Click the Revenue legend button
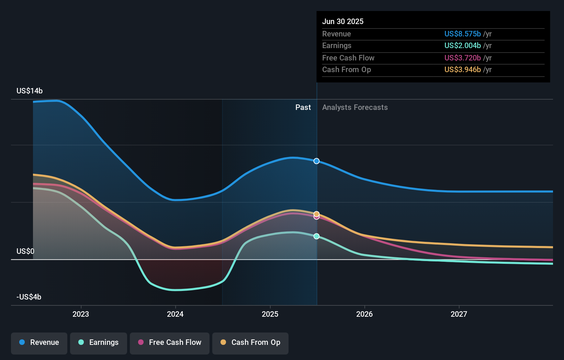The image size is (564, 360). pyautogui.click(x=39, y=342)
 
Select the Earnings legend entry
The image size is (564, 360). pyautogui.click(x=99, y=342)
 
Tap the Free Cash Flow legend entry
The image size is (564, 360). pyautogui.click(x=170, y=342)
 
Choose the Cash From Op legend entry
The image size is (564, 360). pyautogui.click(x=250, y=342)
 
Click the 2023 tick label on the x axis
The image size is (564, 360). pyautogui.click(x=81, y=314)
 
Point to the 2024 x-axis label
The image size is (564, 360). pyautogui.click(x=175, y=314)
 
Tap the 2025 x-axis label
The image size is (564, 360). pyautogui.click(x=270, y=314)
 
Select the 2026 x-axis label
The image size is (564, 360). pyautogui.click(x=364, y=314)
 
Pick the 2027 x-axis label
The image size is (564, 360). pyautogui.click(x=459, y=314)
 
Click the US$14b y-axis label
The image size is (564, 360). pyautogui.click(x=30, y=91)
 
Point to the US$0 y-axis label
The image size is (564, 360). pyautogui.click(x=25, y=251)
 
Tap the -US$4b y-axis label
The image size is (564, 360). pyautogui.click(x=29, y=297)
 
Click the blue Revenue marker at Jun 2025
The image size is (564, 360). pyautogui.click(x=317, y=161)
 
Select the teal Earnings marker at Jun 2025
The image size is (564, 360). pyautogui.click(x=317, y=236)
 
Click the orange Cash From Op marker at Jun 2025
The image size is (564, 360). pyautogui.click(x=317, y=214)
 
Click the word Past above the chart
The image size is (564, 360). pyautogui.click(x=303, y=108)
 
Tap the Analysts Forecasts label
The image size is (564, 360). pyautogui.click(x=355, y=108)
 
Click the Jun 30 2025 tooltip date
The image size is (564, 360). pyautogui.click(x=343, y=21)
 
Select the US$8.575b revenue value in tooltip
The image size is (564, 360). pyautogui.click(x=462, y=34)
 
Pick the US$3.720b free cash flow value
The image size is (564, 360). pyautogui.click(x=462, y=58)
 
